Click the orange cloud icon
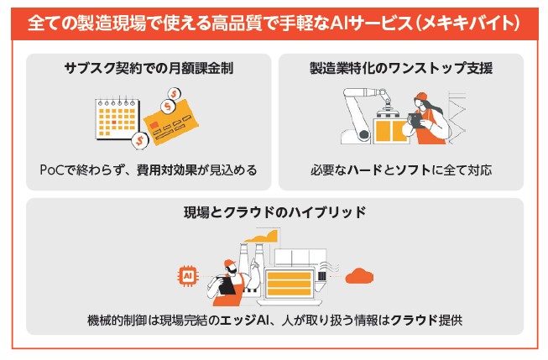[x=359, y=276]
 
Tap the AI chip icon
[x=188, y=276]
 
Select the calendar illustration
[x=117, y=119]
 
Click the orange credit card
[x=171, y=122]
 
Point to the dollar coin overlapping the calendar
[x=140, y=140]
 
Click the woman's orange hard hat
[x=421, y=97]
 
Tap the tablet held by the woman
[x=415, y=120]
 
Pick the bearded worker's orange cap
[x=228, y=263]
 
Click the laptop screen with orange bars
[x=289, y=284]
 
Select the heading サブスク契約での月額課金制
[x=149, y=68]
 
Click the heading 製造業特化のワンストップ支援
[x=401, y=68]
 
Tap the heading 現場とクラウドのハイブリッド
[x=274, y=212]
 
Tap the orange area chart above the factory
[x=262, y=237]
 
